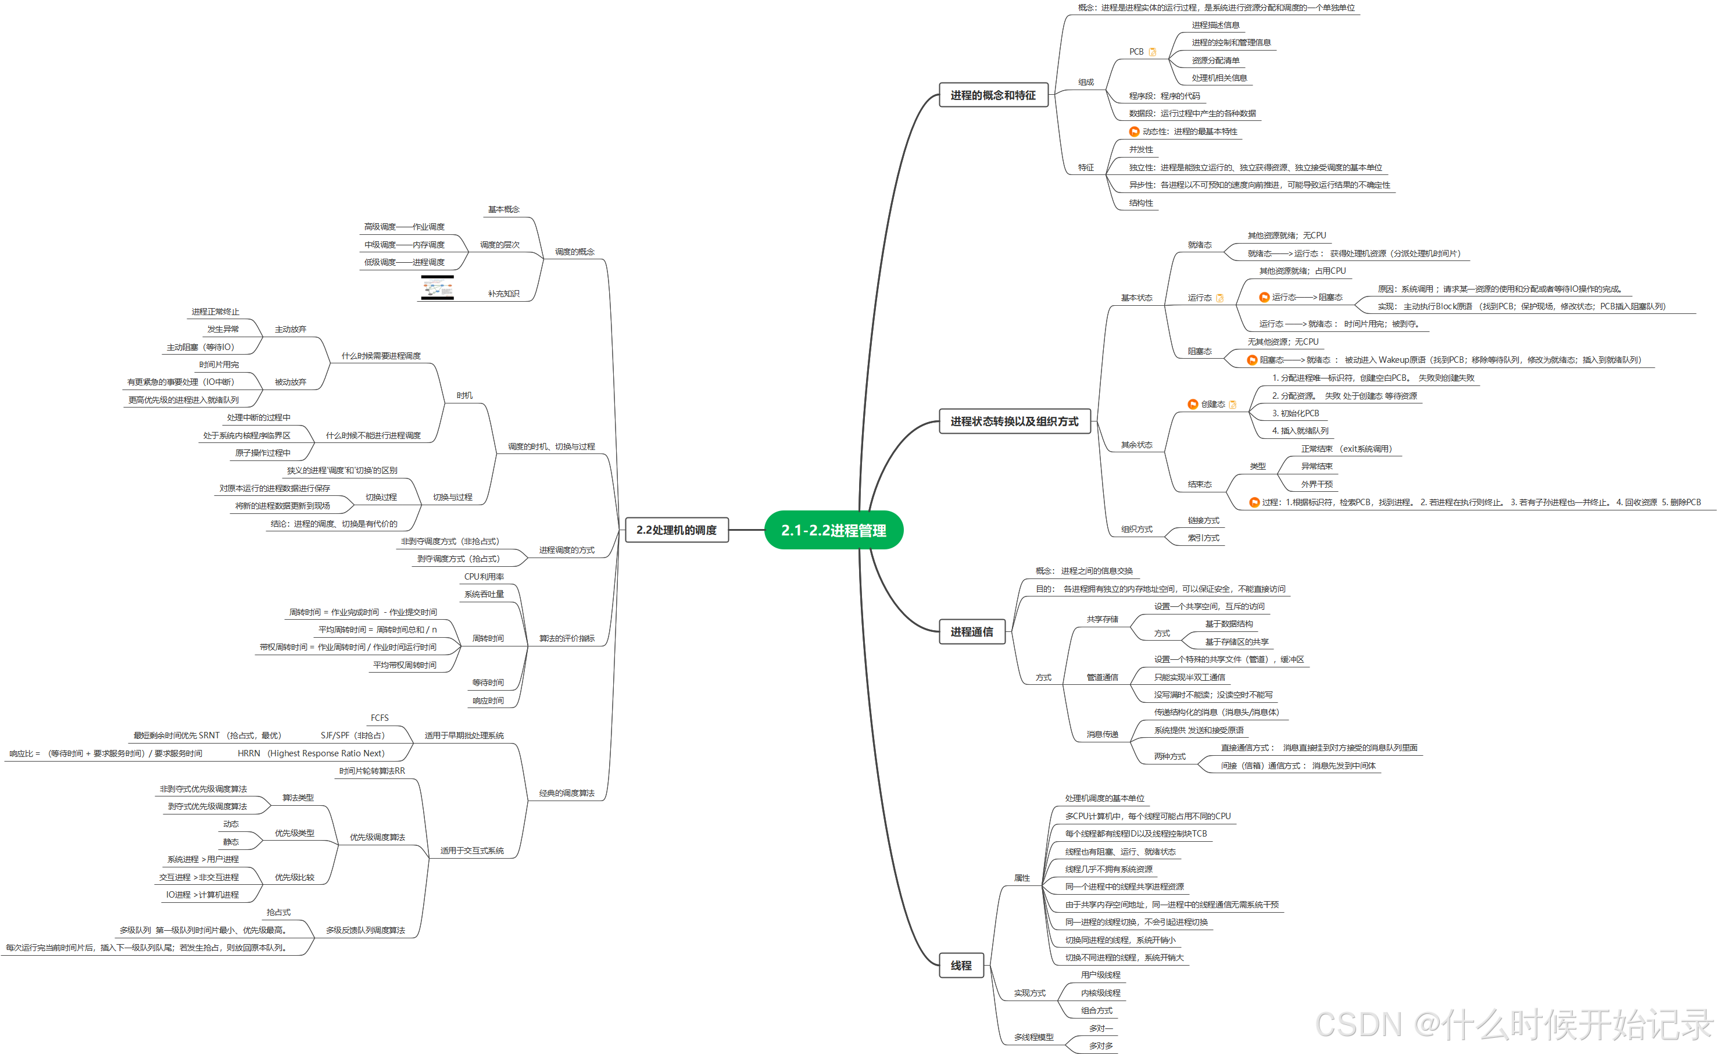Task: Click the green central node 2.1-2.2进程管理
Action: point(834,530)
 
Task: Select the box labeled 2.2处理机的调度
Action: point(676,530)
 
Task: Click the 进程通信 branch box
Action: point(971,631)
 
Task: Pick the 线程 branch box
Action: point(961,966)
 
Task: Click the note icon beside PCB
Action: point(1153,52)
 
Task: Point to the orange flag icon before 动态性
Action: point(1134,132)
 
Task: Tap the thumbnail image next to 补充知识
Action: point(437,288)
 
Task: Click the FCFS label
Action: point(380,717)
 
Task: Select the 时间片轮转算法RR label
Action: point(371,771)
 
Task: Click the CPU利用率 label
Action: point(484,577)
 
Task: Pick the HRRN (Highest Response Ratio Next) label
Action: point(311,753)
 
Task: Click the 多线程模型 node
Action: point(1033,1037)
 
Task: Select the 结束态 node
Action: point(1199,484)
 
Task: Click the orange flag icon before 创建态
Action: point(1193,404)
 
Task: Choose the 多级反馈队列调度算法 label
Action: point(365,931)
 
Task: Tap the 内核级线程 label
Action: point(1100,992)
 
